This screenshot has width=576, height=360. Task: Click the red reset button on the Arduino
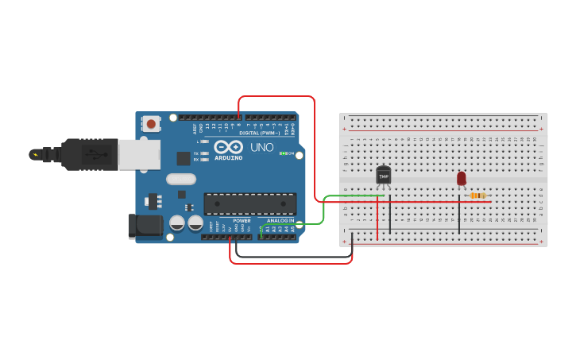pos(151,123)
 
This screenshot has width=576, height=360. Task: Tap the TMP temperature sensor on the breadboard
pos(383,175)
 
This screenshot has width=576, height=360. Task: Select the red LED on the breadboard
pos(462,179)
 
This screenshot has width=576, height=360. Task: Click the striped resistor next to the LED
pos(477,195)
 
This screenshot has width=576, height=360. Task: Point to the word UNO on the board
pos(261,147)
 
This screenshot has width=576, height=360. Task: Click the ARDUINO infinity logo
pos(228,147)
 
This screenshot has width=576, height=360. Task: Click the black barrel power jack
pos(145,226)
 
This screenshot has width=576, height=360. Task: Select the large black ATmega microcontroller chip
pos(249,203)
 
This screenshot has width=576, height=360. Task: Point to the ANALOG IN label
pos(280,221)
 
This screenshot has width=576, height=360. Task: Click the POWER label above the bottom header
pos(242,221)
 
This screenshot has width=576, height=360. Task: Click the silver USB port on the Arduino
pos(139,154)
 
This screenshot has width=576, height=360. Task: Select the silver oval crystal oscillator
pos(181,179)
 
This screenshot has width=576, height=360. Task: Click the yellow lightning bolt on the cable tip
pos(34,154)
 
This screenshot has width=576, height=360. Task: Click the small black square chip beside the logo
pos(184,158)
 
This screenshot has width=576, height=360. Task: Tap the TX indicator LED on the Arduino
pos(205,153)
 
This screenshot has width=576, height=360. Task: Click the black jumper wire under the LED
pos(459,215)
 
